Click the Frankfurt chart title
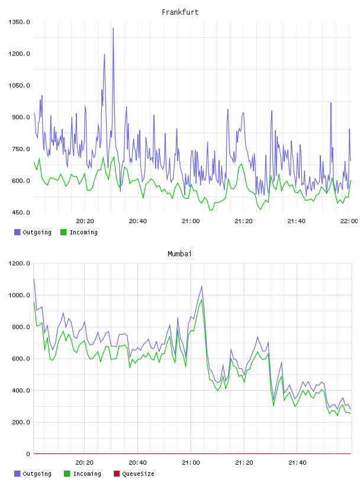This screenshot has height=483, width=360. pyautogui.click(x=180, y=12)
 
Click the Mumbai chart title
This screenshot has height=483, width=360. pyautogui.click(x=179, y=254)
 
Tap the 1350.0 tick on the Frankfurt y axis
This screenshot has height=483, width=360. pyautogui.click(x=19, y=22)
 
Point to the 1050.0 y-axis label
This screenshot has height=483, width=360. pyautogui.click(x=19, y=85)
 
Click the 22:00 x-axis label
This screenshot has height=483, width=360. pyautogui.click(x=349, y=221)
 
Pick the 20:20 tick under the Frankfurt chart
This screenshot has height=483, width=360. pyautogui.click(x=85, y=221)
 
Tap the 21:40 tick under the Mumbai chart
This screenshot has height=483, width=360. pyautogui.click(x=297, y=463)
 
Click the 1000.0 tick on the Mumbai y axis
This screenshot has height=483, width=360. pyautogui.click(x=19, y=295)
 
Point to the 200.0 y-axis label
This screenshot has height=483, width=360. pyautogui.click(x=21, y=422)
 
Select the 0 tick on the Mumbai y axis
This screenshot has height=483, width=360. pyautogui.click(x=28, y=454)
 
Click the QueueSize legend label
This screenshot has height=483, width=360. pyautogui.click(x=139, y=474)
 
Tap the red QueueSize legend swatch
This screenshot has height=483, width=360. pyautogui.click(x=117, y=474)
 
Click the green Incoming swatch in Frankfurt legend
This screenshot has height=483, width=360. pyautogui.click(x=63, y=232)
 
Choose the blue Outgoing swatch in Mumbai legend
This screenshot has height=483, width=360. pyautogui.click(x=17, y=474)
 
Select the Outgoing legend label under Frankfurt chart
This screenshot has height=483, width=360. pyautogui.click(x=37, y=232)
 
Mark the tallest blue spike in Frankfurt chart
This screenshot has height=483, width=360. pyautogui.click(x=113, y=28)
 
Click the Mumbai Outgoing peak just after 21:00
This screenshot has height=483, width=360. pyautogui.click(x=201, y=286)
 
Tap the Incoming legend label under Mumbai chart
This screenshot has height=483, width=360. pyautogui.click(x=87, y=474)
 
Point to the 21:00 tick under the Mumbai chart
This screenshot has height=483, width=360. pyautogui.click(x=191, y=463)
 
